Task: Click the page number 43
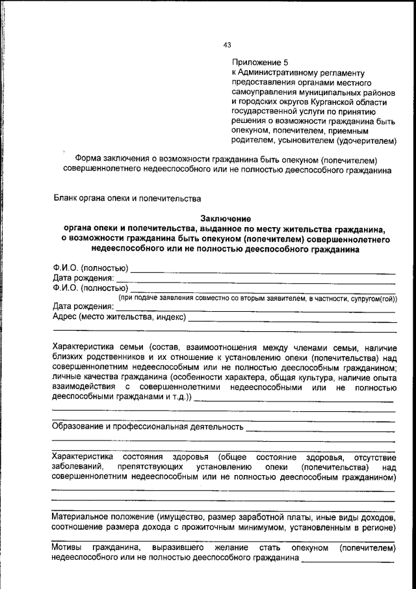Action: tap(227, 46)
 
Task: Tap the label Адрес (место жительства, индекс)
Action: tap(119, 317)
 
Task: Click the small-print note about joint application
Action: tap(257, 298)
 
